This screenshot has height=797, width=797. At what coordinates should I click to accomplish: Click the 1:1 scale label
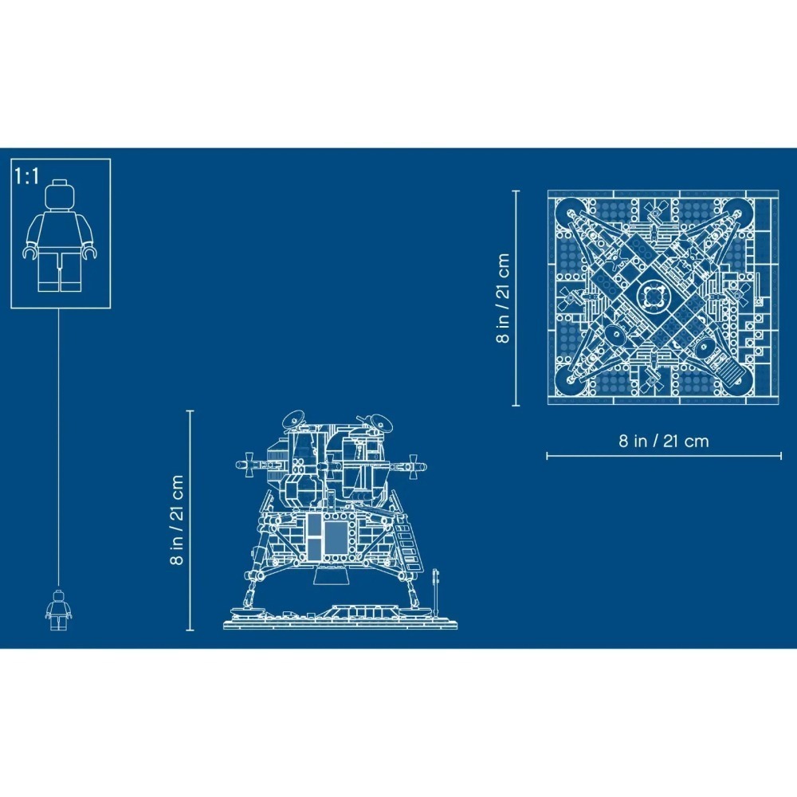click(x=27, y=176)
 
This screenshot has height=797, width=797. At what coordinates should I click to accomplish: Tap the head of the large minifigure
click(x=60, y=196)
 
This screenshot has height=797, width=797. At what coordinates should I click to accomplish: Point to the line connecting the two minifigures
click(x=60, y=446)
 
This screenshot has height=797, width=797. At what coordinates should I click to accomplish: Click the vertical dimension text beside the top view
click(x=502, y=298)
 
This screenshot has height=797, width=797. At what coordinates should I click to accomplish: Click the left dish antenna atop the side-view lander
click(x=293, y=418)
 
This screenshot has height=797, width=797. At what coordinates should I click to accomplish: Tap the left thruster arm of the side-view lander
click(x=249, y=462)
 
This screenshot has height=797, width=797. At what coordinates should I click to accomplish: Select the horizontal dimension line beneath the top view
click(x=663, y=456)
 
